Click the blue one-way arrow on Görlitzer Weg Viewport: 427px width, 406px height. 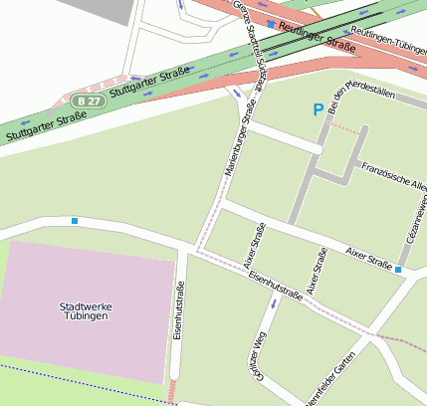(274, 303)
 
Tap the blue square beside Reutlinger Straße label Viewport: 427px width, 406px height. (272, 23)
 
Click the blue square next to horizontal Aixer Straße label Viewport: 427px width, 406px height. (397, 269)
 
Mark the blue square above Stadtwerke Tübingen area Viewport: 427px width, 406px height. (75, 221)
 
